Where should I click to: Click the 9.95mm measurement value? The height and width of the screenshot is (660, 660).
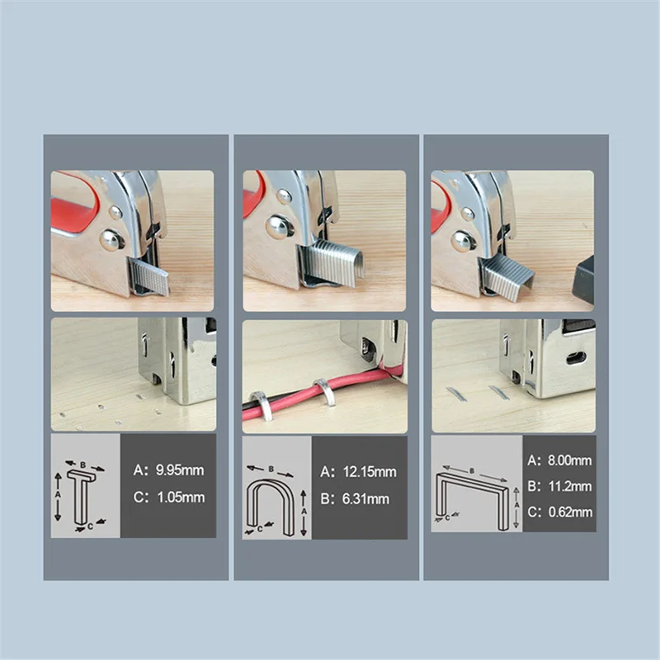(180, 469)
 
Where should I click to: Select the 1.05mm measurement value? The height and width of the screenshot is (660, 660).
(181, 497)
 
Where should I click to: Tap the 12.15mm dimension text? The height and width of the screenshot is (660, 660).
(370, 472)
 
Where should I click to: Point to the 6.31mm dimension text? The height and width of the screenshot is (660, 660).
(365, 499)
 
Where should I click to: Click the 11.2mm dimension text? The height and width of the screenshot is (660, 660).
(569, 486)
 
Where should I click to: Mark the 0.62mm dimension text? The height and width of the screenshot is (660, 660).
(570, 511)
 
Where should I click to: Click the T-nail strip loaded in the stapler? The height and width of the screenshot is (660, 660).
(149, 276)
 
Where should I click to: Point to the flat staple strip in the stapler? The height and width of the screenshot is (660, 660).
(507, 277)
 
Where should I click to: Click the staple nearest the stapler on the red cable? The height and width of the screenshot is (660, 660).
(324, 391)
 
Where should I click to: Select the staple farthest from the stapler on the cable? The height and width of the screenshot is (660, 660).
(262, 406)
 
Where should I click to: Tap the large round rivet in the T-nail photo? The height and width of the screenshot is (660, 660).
(111, 240)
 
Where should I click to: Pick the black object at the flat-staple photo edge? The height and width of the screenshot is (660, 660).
(583, 280)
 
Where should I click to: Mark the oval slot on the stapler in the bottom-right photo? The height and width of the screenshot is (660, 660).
(576, 358)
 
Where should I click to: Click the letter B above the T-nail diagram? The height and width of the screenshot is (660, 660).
(83, 464)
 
